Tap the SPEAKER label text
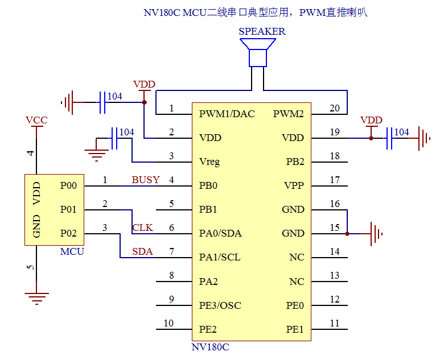[x=262, y=32]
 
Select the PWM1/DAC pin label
[x=227, y=114]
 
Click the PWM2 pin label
[x=289, y=114]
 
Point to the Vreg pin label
[x=209, y=162]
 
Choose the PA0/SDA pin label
[x=220, y=233]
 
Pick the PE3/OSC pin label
[x=220, y=305]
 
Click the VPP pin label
[x=294, y=185]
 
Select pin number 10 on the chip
[x=168, y=324]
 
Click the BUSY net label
[x=146, y=180]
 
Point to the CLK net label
[x=142, y=227]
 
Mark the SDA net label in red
[x=142, y=251]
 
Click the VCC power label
[x=36, y=120]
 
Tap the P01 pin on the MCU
[x=68, y=209]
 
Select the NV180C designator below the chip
[x=210, y=346]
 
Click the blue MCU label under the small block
[x=72, y=251]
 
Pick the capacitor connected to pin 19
[x=390, y=138]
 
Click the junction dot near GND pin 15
[x=347, y=233]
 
